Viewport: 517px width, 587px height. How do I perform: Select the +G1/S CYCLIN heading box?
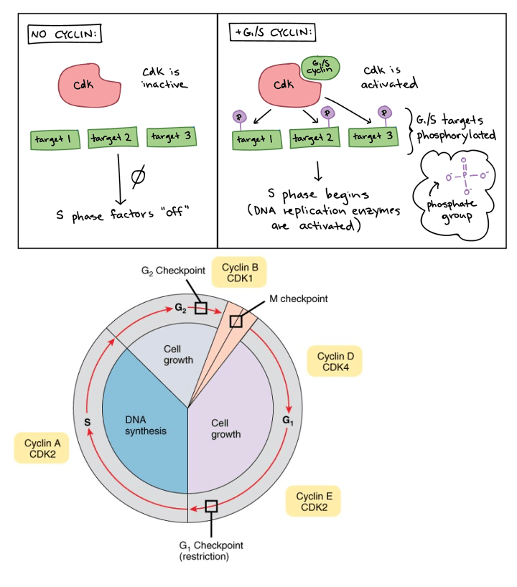tap(274, 33)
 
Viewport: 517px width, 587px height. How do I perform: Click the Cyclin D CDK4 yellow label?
tap(334, 361)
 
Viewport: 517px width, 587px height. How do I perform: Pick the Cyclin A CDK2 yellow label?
tap(42, 449)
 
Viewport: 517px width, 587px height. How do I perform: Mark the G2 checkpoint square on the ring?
tap(202, 308)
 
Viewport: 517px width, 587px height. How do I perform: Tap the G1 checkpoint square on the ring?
tap(211, 506)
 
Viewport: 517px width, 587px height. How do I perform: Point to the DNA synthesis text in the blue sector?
tap(145, 425)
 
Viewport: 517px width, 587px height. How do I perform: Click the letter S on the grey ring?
tap(87, 422)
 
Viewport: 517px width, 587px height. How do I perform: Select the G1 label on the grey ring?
tap(288, 420)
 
